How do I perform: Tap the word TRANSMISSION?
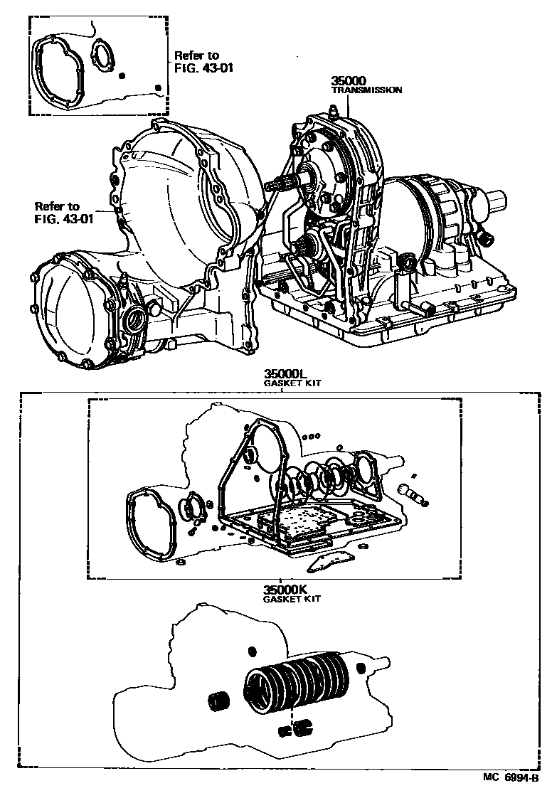click(367, 90)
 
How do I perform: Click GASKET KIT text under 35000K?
click(292, 599)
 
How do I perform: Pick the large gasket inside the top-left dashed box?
click(60, 71)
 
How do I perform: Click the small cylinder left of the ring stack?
click(218, 700)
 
